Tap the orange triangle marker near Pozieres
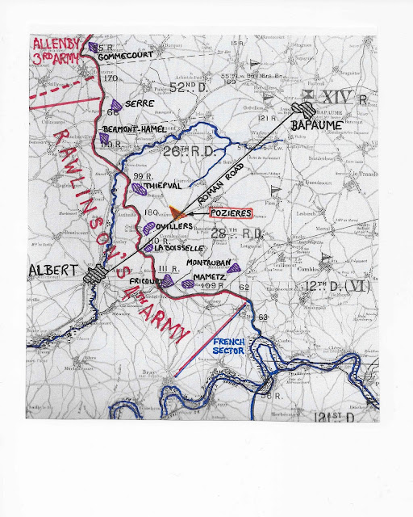tap(177, 212)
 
